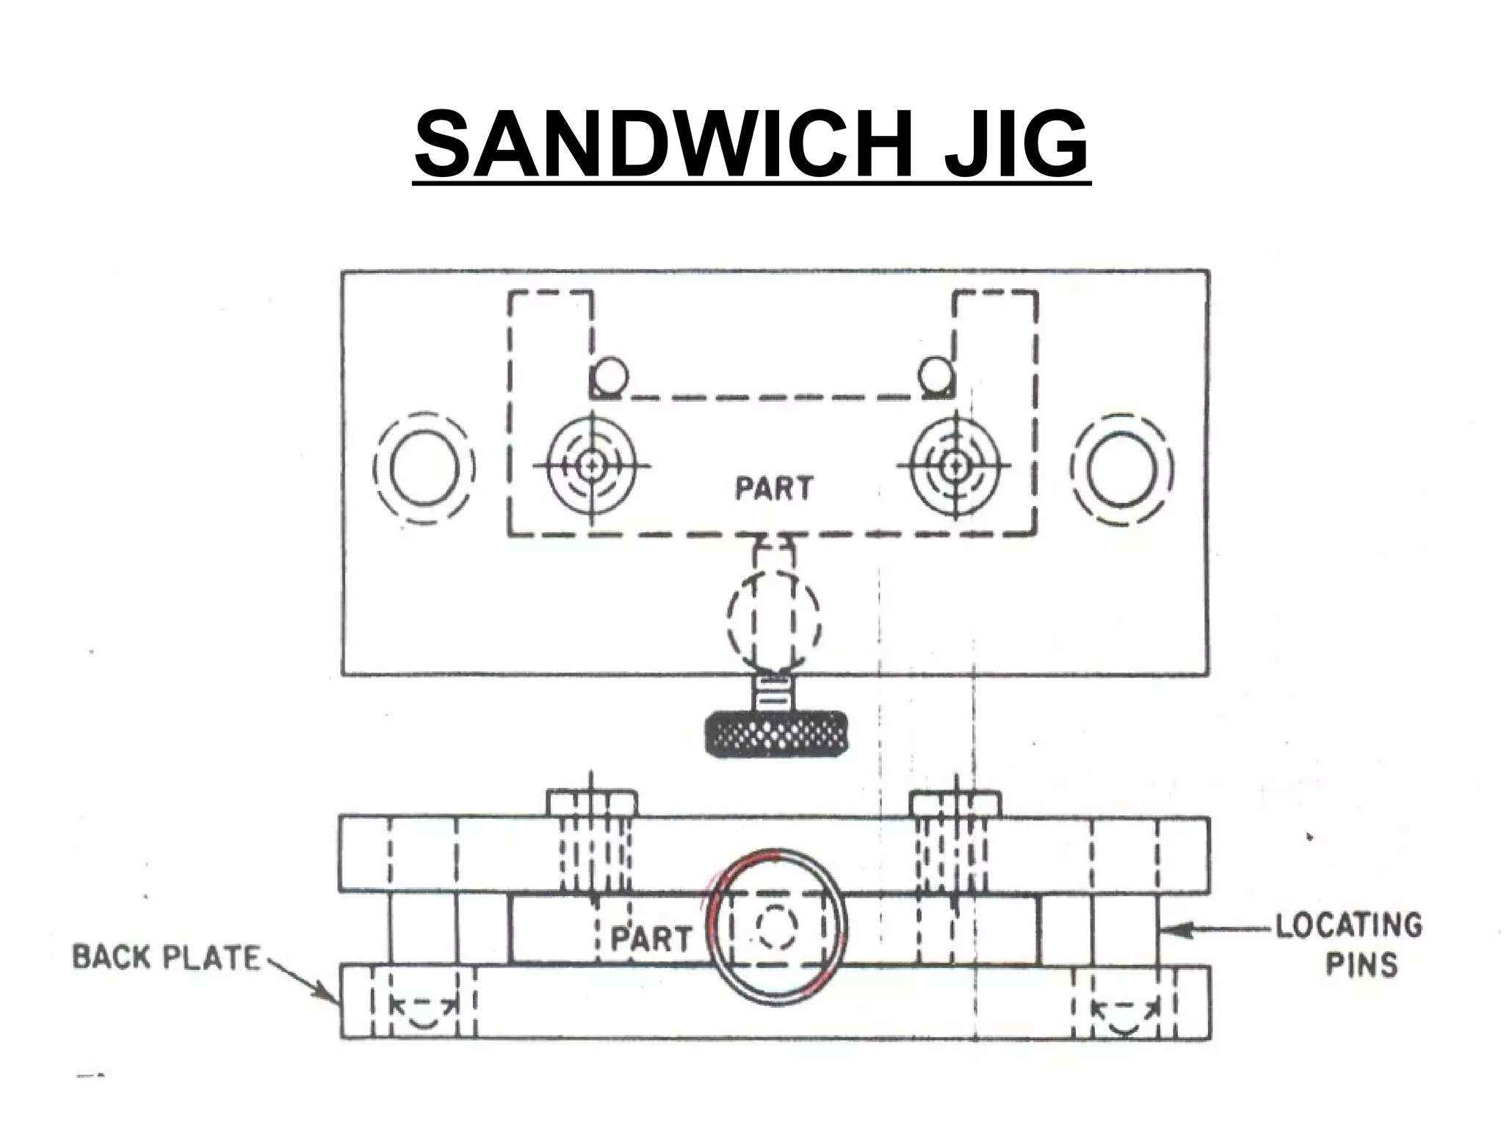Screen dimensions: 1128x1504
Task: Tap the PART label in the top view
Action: (x=774, y=488)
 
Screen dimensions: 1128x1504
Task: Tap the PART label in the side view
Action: (x=651, y=939)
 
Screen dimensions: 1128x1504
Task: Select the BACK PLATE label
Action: (x=167, y=958)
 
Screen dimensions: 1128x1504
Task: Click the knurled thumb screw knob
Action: (x=776, y=732)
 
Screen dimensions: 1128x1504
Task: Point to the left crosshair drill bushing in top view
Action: (x=591, y=464)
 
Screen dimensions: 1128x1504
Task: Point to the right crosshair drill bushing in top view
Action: (x=954, y=464)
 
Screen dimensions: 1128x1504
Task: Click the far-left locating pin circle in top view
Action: (x=424, y=469)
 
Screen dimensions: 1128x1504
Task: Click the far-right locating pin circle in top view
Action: (x=1121, y=469)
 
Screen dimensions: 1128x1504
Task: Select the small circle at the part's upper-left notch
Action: (x=610, y=376)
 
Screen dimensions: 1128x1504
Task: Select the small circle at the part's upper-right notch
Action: (x=935, y=375)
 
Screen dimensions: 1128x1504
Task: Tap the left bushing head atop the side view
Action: (x=592, y=803)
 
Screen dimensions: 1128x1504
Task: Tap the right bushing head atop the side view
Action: (x=955, y=803)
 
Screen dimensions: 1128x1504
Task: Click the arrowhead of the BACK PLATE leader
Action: (x=332, y=996)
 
